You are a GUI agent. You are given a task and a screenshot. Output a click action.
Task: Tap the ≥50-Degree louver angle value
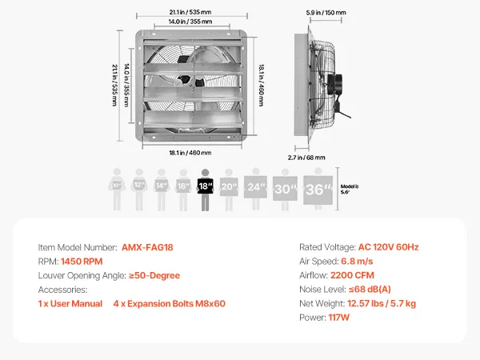(x=154, y=275)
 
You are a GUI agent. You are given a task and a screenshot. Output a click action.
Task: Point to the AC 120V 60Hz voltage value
(x=390, y=247)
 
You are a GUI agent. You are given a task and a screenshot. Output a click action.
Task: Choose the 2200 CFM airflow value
(x=370, y=275)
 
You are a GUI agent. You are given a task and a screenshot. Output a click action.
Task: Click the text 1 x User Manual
(x=70, y=304)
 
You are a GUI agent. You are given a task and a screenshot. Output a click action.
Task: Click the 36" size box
(x=318, y=189)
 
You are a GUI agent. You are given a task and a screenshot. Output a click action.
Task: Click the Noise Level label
(x=323, y=290)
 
